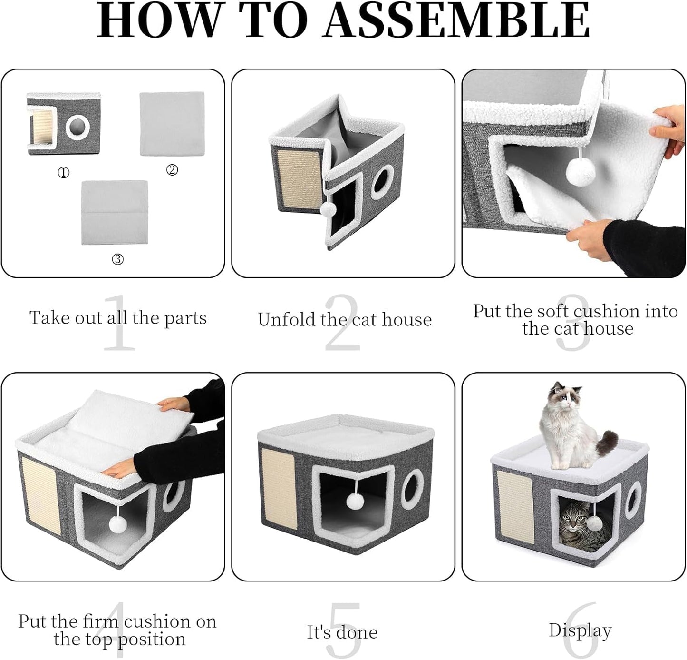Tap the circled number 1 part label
tap(63, 173)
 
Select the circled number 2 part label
tap(172, 169)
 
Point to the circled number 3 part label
tap(117, 259)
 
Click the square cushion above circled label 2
tap(172, 124)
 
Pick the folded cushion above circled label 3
tap(115, 212)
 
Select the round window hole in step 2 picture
tap(382, 182)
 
